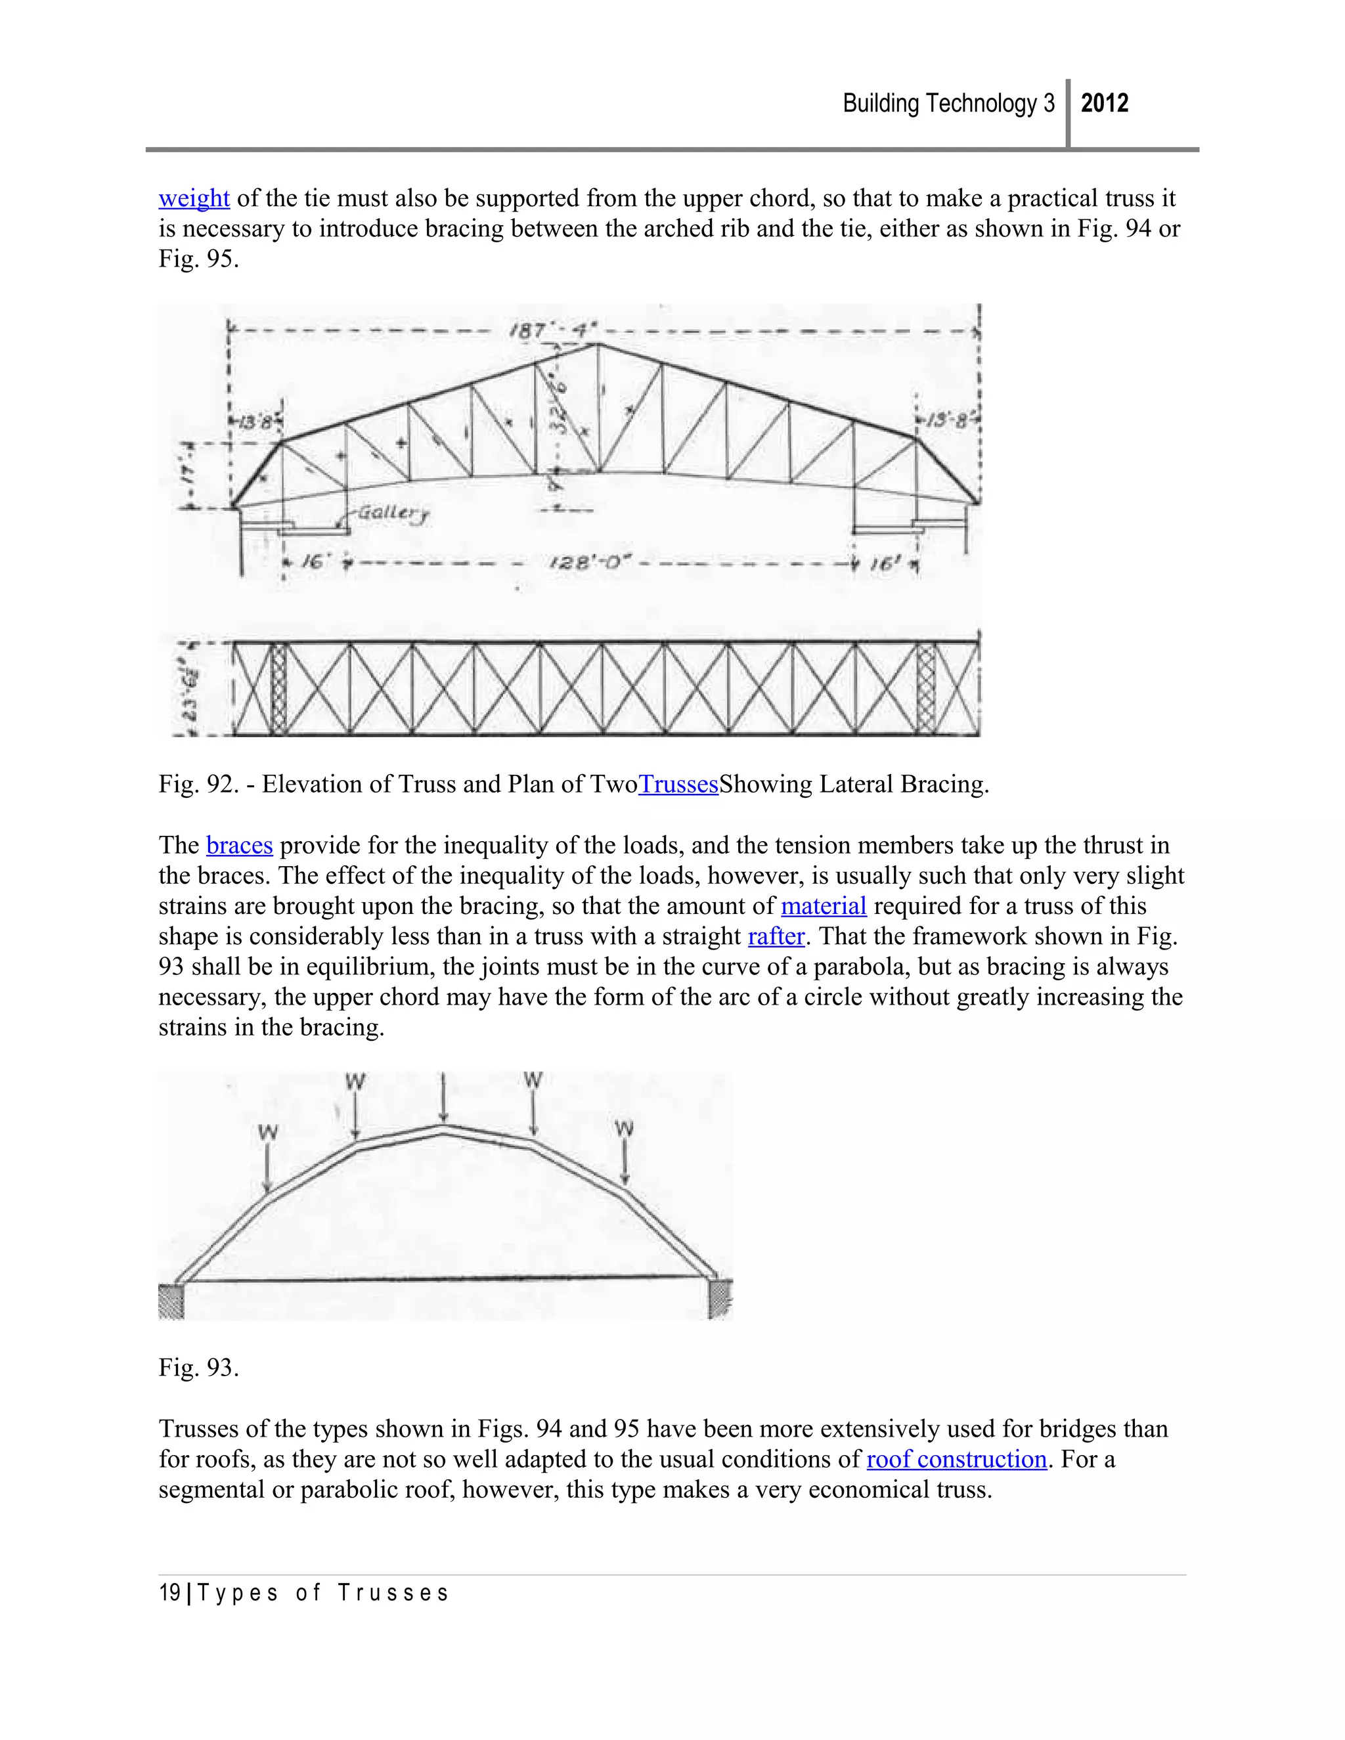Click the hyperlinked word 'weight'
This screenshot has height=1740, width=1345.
point(194,198)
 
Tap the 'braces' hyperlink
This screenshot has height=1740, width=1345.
point(239,844)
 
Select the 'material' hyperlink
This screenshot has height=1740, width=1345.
point(823,906)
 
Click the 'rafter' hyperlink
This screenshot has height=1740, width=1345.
point(776,936)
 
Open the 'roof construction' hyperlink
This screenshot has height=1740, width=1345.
point(956,1459)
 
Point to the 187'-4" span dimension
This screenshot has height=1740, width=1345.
point(552,330)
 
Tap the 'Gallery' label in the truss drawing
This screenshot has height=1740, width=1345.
point(393,512)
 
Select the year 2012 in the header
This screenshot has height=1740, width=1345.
point(1105,104)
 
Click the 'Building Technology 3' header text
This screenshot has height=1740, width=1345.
point(948,104)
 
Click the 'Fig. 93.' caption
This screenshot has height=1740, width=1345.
point(198,1367)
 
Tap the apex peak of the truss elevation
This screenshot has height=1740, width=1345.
point(598,344)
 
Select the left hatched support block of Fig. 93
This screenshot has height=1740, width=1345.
point(171,1301)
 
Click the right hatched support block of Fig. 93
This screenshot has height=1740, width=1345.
point(720,1298)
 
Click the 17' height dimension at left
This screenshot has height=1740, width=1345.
point(188,475)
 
